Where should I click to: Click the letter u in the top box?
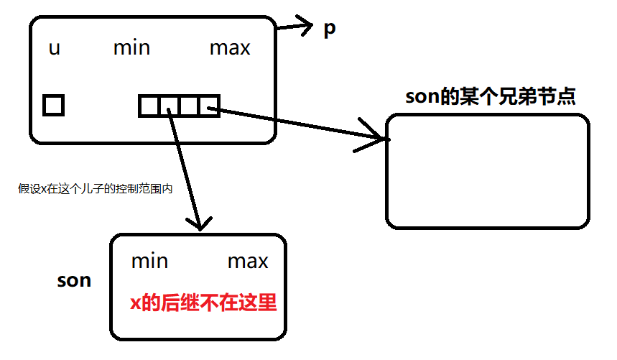[54, 49]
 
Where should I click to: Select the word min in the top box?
[131, 48]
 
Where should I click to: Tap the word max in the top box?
[230, 48]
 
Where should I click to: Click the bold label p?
[329, 30]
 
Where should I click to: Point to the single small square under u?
[53, 106]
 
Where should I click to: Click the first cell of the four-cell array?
[149, 106]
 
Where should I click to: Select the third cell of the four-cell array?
[189, 106]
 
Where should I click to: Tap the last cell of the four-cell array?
[209, 106]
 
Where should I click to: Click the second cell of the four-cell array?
[169, 106]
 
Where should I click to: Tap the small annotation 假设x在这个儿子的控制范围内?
[96, 189]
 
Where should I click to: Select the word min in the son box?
[149, 261]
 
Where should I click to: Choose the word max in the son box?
[248, 261]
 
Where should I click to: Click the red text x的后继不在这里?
[203, 303]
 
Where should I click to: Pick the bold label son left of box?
[74, 280]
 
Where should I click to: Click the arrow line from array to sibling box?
[302, 124]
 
